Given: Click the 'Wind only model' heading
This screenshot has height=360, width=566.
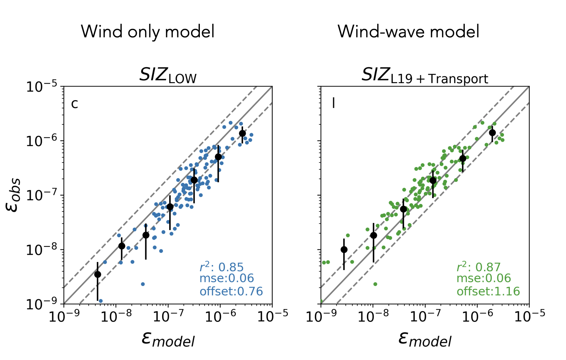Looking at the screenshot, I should pos(147,32).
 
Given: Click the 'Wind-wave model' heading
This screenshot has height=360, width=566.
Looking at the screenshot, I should pos(408,32).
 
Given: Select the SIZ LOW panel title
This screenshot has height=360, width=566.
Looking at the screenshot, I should pos(168,76).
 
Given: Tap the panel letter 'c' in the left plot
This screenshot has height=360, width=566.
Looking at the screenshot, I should pos(75,104).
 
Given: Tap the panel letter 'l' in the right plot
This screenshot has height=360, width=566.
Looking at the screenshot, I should pos(334,103).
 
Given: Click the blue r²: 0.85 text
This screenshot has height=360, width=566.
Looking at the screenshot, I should pos(222,267).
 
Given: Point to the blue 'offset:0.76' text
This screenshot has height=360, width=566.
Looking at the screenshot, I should pos(231,291).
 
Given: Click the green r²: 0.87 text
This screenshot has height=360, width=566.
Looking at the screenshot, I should pos(479,267).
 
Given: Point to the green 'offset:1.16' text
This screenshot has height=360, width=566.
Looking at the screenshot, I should pos(488,291).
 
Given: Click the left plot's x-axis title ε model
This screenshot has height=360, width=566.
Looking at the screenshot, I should pos(168,338).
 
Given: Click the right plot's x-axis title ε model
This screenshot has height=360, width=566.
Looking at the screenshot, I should pos(425,338).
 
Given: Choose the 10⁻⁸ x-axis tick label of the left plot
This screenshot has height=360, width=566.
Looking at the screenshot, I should pos(115,317).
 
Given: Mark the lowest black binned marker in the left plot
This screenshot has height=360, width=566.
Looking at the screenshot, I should pos(98,274).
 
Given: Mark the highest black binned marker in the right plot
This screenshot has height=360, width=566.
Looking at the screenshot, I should pos(492,133).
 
